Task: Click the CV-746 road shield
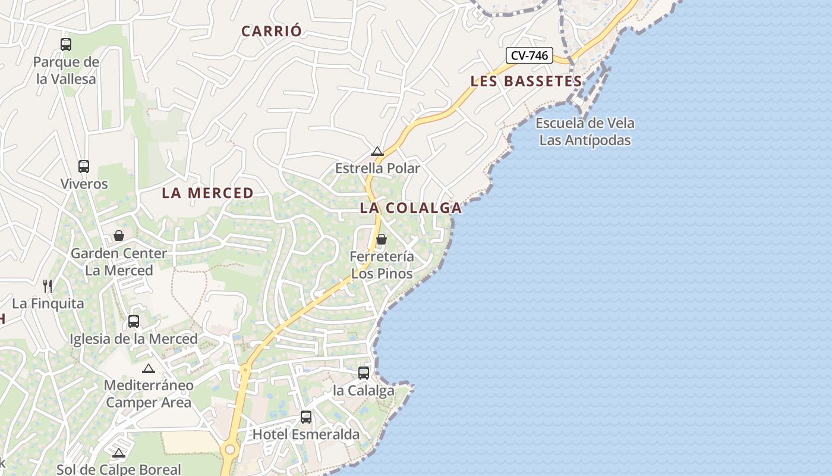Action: pyautogui.click(x=530, y=56)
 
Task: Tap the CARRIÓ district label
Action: pyautogui.click(x=272, y=32)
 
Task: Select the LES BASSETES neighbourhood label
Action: pyautogui.click(x=526, y=82)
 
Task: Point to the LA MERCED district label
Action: pyautogui.click(x=207, y=193)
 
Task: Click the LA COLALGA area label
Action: pyautogui.click(x=411, y=208)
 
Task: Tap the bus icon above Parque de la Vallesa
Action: pyautogui.click(x=66, y=44)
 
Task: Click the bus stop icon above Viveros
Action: pyautogui.click(x=84, y=167)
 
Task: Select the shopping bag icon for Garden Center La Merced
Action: pyautogui.click(x=119, y=236)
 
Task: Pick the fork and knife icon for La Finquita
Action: pyautogui.click(x=48, y=286)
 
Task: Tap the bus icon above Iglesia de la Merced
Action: pyautogui.click(x=134, y=321)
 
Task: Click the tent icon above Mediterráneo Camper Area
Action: pyautogui.click(x=149, y=368)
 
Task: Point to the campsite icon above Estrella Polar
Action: pyautogui.click(x=377, y=151)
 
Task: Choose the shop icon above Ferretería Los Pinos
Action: pyautogui.click(x=382, y=239)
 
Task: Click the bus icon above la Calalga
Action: pyautogui.click(x=364, y=373)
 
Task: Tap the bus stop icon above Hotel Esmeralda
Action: pyautogui.click(x=306, y=417)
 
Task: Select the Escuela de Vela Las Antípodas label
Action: pyautogui.click(x=585, y=131)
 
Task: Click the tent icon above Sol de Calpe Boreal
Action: pyautogui.click(x=119, y=453)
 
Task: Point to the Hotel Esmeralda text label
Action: pyautogui.click(x=306, y=434)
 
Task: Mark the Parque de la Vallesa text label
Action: pyautogui.click(x=66, y=70)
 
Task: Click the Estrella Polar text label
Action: pyautogui.click(x=377, y=168)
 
